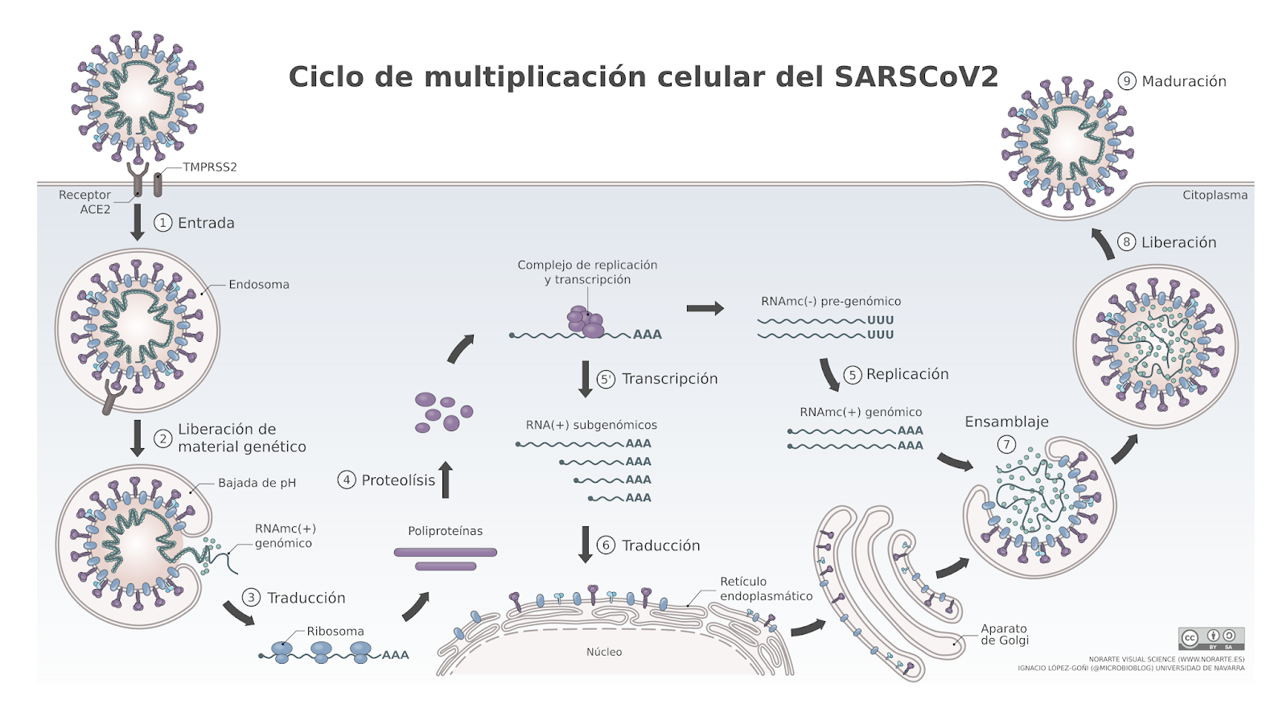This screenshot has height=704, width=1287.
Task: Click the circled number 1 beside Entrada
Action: coord(163,223)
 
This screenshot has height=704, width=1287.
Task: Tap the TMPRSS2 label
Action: coord(209,167)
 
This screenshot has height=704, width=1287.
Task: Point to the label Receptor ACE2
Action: coord(85,202)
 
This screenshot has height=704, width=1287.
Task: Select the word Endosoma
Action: coord(258,285)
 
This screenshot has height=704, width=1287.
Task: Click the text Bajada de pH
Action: coord(257,483)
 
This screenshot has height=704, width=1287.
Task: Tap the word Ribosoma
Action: coord(335,632)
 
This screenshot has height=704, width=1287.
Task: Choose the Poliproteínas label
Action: coord(445,531)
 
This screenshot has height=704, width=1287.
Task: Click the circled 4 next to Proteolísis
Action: coord(347,480)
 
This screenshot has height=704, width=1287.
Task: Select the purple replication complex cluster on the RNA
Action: coord(586,321)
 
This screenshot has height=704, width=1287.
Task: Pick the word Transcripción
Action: coord(669,379)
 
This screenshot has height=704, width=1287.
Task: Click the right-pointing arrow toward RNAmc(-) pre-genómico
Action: coord(705,308)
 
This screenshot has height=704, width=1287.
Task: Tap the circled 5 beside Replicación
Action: coord(853,375)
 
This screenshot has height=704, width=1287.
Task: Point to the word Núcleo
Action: coord(603,652)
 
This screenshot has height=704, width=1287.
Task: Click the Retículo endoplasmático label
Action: coord(766,589)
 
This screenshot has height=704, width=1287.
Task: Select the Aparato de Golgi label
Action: coord(1004,635)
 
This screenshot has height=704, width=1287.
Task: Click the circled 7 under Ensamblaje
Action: coord(1006,444)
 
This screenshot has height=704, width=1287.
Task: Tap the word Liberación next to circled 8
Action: coord(1178,242)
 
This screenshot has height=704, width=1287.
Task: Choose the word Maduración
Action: coord(1184,81)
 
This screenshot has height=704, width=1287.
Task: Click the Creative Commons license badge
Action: coord(1211,638)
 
